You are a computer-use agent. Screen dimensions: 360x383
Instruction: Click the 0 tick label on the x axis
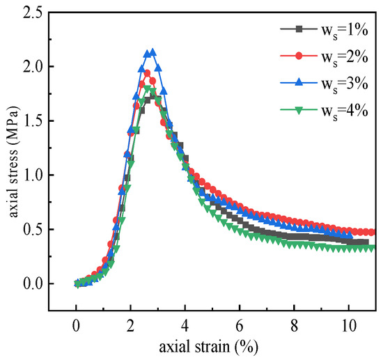pyautogui.click(x=76, y=323)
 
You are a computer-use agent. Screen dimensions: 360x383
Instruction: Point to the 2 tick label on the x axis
pyautogui.click(x=130, y=323)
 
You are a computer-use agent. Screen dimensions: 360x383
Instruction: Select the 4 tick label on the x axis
pyautogui.click(x=185, y=323)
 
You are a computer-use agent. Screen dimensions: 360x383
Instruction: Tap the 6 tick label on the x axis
pyautogui.click(x=239, y=323)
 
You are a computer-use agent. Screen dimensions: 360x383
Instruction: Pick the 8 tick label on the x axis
pyautogui.click(x=293, y=323)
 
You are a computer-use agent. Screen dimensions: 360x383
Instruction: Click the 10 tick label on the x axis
pyautogui.click(x=347, y=323)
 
